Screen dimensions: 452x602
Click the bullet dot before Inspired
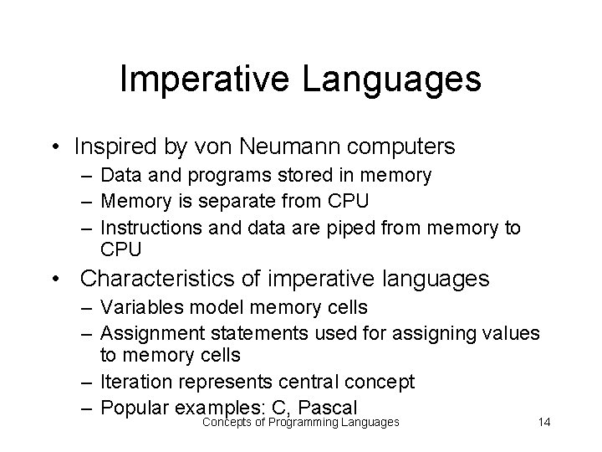[54, 148]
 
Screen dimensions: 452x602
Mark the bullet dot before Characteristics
[54, 277]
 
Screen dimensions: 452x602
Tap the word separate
[242, 202]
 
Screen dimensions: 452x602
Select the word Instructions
[150, 228]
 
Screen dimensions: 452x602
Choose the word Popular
[134, 408]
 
